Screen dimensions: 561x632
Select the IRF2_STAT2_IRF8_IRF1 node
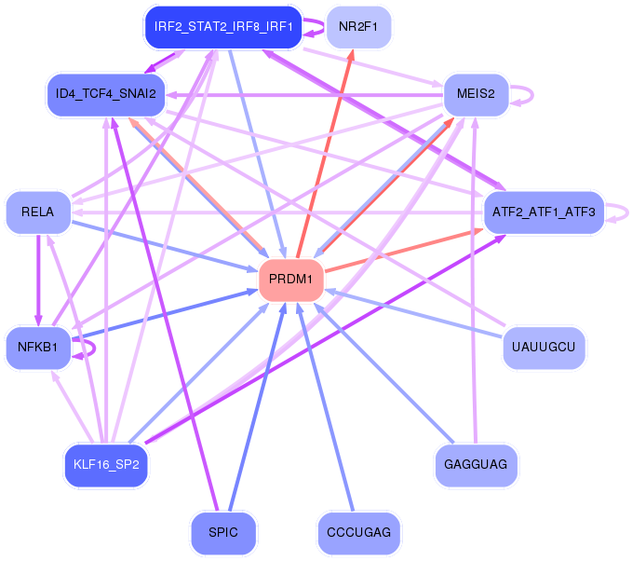pyautogui.click(x=223, y=27)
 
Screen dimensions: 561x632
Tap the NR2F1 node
pyautogui.click(x=358, y=27)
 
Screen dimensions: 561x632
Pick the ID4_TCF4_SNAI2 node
pyautogui.click(x=106, y=94)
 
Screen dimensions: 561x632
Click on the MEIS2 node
pyautogui.click(x=476, y=94)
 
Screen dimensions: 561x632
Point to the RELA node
pyautogui.click(x=37, y=212)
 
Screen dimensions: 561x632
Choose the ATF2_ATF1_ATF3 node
pyautogui.click(x=545, y=213)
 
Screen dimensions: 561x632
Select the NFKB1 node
pyautogui.click(x=37, y=349)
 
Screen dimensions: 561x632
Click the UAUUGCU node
pyautogui.click(x=544, y=348)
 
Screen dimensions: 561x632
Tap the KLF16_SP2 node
pyautogui.click(x=106, y=465)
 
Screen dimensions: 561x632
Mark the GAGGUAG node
pyautogui.click(x=476, y=465)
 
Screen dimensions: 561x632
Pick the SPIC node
pyautogui.click(x=223, y=533)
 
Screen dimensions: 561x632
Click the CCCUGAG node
pyautogui.click(x=358, y=533)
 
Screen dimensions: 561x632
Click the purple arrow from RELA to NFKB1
pyautogui.click(x=37, y=280)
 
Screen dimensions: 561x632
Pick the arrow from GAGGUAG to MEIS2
pyautogui.click(x=476, y=280)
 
